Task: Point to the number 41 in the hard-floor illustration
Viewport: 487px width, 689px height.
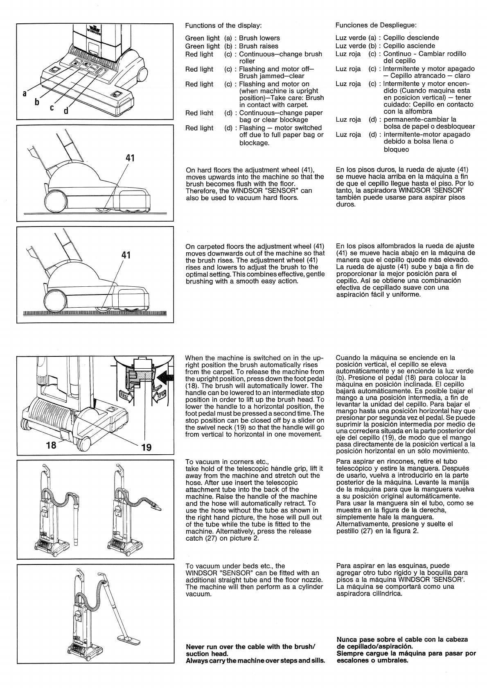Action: (130, 158)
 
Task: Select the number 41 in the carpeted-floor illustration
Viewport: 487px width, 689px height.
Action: (126, 255)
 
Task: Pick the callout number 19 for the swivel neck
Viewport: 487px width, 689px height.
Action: (146, 447)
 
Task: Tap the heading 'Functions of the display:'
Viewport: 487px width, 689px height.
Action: (223, 25)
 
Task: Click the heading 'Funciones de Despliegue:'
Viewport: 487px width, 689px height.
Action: (376, 25)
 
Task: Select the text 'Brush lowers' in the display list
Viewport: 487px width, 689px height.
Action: (259, 38)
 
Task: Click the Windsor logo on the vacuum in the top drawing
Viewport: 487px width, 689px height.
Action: (95, 29)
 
